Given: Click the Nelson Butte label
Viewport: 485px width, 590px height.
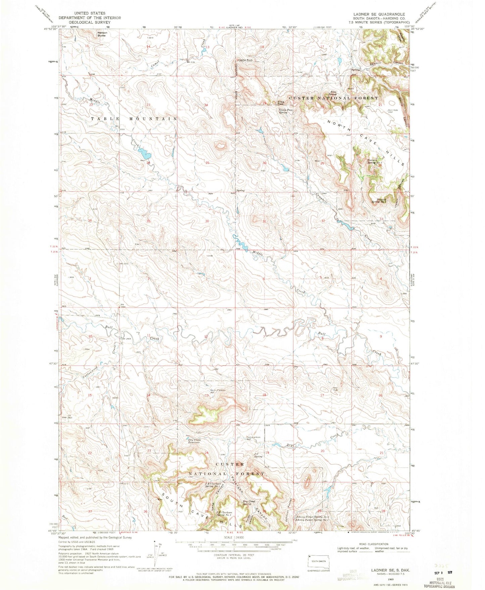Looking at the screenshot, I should pyautogui.click(x=101, y=34).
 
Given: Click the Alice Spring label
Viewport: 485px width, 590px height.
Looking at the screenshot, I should pyautogui.click(x=333, y=93).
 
